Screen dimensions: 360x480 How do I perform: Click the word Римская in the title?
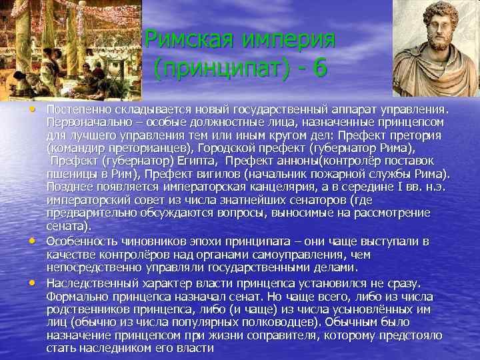[189, 39]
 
